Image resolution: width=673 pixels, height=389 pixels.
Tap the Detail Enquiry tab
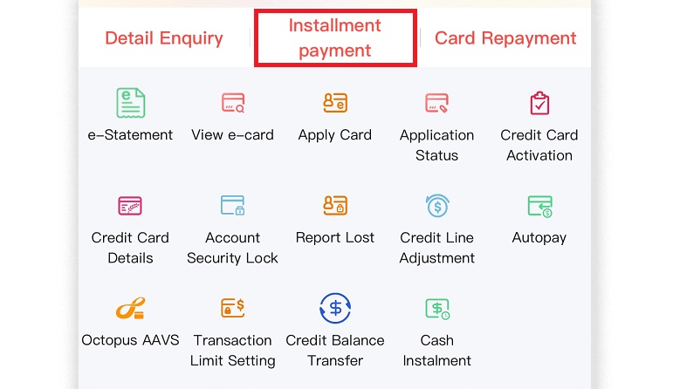pyautogui.click(x=164, y=38)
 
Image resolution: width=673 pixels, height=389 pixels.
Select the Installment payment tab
pyautogui.click(x=335, y=38)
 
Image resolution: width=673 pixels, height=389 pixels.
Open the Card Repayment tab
pyautogui.click(x=505, y=38)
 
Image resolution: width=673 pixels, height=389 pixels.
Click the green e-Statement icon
pyautogui.click(x=130, y=103)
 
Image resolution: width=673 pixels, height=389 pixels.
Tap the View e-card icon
pyautogui.click(x=233, y=103)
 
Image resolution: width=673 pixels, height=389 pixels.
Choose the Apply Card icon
pyautogui.click(x=335, y=103)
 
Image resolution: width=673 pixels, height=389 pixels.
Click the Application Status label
pyautogui.click(x=437, y=145)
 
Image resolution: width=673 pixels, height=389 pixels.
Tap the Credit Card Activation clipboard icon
pyautogui.click(x=539, y=103)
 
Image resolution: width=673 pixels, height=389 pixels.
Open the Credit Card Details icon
pyautogui.click(x=130, y=206)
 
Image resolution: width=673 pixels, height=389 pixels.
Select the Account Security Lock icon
pyautogui.click(x=233, y=206)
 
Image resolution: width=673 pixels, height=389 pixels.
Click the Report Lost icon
pyautogui.click(x=335, y=206)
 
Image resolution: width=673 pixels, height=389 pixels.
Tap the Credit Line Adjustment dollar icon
pyautogui.click(x=437, y=206)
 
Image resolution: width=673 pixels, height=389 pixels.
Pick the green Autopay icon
pyautogui.click(x=540, y=207)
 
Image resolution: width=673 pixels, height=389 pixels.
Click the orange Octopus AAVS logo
pyautogui.click(x=130, y=309)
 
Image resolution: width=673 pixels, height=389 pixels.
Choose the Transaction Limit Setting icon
pyautogui.click(x=233, y=308)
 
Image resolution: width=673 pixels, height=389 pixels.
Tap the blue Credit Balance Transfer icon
pyautogui.click(x=335, y=309)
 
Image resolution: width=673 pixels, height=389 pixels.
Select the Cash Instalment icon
pyautogui.click(x=437, y=309)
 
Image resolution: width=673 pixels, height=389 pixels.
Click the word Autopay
pyautogui.click(x=539, y=238)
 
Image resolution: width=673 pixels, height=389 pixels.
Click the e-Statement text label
pyautogui.click(x=130, y=134)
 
